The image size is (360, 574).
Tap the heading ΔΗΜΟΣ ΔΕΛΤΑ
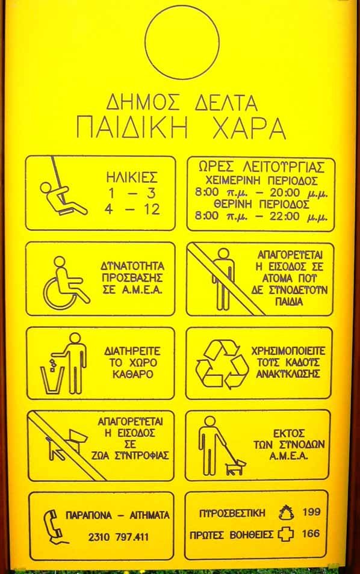pyautogui.click(x=182, y=102)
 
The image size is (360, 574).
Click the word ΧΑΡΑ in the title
pyautogui.click(x=249, y=128)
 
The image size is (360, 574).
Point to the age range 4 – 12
pyautogui.click(x=132, y=210)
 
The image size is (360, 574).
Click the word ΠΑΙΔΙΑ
pyautogui.click(x=289, y=302)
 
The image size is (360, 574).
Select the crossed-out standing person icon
pyautogui.click(x=223, y=279)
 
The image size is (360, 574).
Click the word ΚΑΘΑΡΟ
pyautogui.click(x=132, y=374)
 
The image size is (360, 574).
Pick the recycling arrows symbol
pyautogui.click(x=222, y=364)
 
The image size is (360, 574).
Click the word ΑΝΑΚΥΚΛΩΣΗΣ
pyautogui.click(x=288, y=374)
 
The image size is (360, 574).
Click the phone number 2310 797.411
pyautogui.click(x=118, y=537)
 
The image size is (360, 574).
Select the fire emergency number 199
pyautogui.click(x=312, y=512)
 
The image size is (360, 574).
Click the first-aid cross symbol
pyautogui.click(x=286, y=534)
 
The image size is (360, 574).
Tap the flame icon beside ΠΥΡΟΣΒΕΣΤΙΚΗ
pyautogui.click(x=286, y=513)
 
